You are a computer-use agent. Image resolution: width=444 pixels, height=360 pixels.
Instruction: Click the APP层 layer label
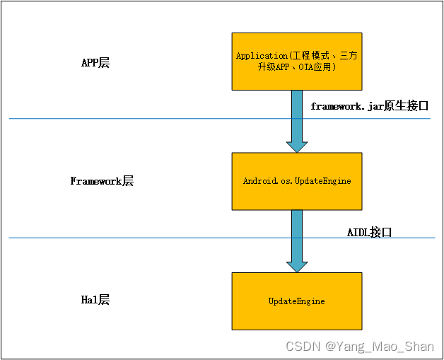point(95,63)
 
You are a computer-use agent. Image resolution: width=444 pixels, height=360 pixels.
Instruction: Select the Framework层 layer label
point(102,181)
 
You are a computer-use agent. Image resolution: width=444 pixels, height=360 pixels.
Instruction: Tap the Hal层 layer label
point(95,300)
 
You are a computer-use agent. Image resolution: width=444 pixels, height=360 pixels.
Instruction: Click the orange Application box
point(297,61)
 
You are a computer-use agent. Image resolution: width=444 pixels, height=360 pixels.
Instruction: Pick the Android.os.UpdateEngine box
point(297,181)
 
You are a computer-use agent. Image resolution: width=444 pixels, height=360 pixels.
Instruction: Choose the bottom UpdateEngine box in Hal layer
point(297,301)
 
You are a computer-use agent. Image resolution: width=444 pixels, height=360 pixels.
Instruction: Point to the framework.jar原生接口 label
point(370,106)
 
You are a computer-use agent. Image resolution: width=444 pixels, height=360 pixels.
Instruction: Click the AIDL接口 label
point(369,232)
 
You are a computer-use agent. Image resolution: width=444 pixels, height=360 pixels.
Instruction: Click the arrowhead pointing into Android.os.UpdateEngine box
point(297,145)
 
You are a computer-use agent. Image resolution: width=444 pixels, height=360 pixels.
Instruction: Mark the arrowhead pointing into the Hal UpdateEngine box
point(297,265)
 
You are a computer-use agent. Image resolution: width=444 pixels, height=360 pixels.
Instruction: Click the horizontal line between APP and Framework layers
point(141,118)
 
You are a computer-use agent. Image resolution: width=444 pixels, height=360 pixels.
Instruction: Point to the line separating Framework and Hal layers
point(141,238)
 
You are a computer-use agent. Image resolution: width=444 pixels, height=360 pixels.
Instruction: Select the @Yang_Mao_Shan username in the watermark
point(379,346)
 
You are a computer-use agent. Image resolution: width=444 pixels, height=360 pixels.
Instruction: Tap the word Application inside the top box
point(259,56)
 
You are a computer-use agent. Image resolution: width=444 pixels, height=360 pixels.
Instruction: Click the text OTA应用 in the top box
point(317,67)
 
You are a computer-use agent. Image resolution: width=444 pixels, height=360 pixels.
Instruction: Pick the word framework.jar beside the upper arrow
point(344,106)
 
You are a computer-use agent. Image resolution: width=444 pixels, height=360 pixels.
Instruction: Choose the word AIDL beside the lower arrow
point(358,232)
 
